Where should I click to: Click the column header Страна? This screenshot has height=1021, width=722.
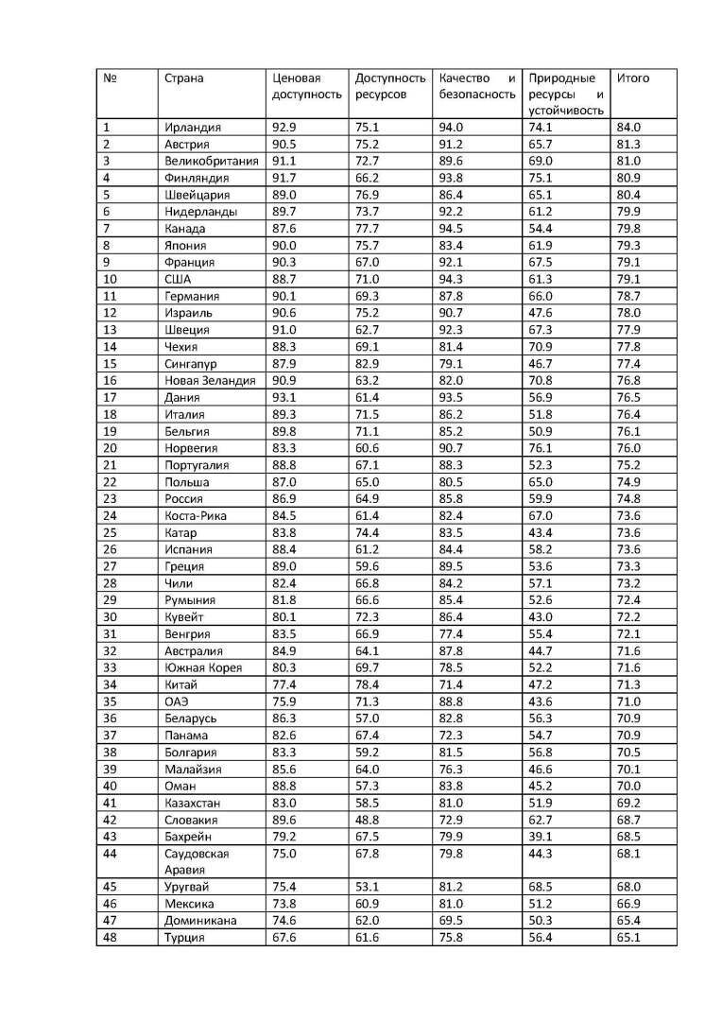point(183,78)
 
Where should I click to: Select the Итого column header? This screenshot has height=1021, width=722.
point(632,78)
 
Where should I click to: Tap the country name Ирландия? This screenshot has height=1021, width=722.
point(192,128)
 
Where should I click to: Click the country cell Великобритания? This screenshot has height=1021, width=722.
point(211,161)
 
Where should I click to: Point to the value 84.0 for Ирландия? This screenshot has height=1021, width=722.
point(628,128)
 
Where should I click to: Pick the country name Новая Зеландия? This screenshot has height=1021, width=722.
point(210,380)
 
